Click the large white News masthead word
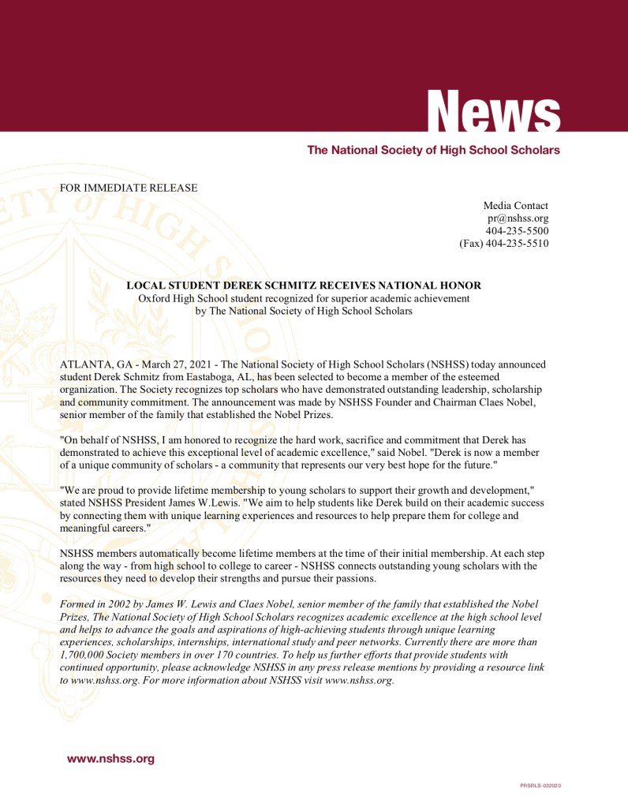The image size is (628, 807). (x=495, y=110)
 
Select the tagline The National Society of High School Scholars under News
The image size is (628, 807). (x=433, y=150)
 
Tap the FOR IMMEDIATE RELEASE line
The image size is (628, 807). (x=129, y=188)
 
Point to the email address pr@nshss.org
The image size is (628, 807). (x=518, y=219)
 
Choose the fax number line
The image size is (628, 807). (x=503, y=244)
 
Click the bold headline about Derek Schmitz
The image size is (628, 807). (x=304, y=285)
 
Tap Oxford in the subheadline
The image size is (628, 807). (x=155, y=298)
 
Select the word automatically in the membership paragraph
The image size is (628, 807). (x=167, y=554)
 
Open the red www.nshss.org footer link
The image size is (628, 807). (x=110, y=759)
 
